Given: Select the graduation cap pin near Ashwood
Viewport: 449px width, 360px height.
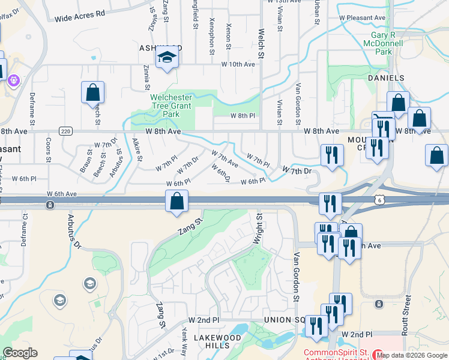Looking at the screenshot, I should (167, 58).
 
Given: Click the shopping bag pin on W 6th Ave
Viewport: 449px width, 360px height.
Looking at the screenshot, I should (177, 202).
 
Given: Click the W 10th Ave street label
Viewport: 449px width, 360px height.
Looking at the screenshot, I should (238, 64).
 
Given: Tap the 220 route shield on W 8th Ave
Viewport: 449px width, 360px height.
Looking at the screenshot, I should (65, 131).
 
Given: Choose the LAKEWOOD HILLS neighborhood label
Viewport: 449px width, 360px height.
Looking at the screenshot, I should (217, 342).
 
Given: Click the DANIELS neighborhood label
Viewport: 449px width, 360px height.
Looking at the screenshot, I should (386, 79).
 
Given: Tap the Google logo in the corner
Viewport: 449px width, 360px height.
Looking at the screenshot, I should (20, 353).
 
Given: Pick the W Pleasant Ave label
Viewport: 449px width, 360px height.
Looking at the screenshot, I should (362, 18).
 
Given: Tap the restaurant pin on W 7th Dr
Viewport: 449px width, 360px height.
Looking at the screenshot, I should (331, 155).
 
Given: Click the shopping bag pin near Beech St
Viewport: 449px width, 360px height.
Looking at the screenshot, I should (93, 93).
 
